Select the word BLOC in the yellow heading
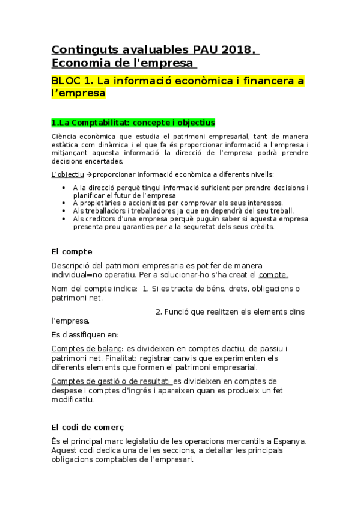pos(67,81)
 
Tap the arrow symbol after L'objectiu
pos(89,174)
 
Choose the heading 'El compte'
pos(72,251)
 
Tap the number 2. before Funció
pos(159,312)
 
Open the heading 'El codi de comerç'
pos(87,427)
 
